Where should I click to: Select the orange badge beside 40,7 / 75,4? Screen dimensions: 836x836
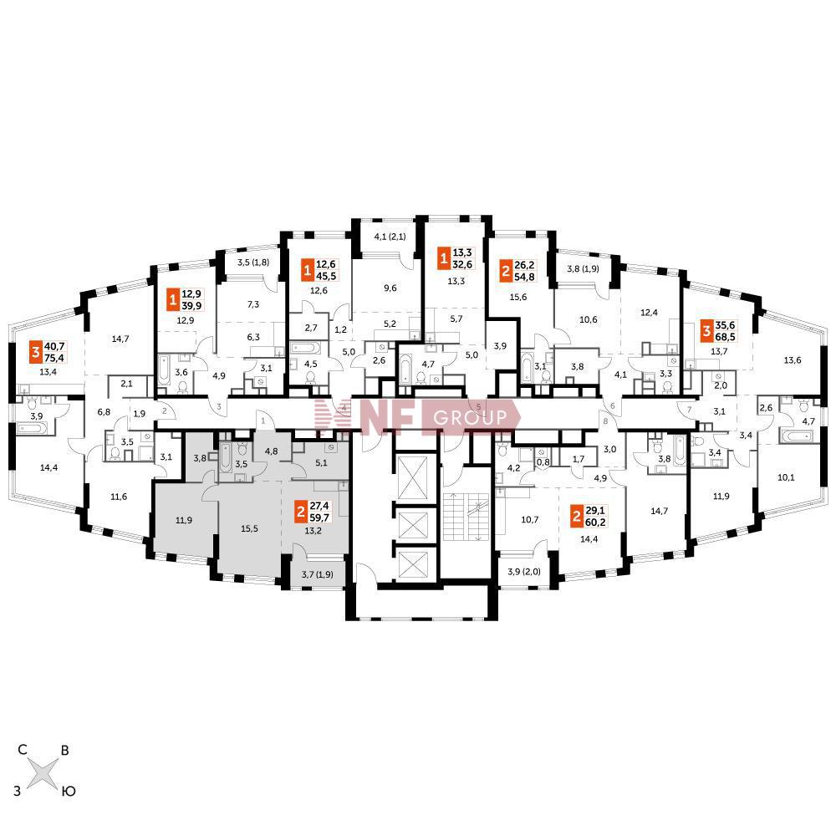coord(36,350)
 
